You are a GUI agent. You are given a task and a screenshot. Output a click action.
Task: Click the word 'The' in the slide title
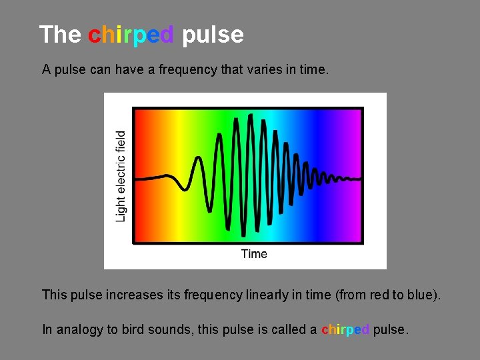60,35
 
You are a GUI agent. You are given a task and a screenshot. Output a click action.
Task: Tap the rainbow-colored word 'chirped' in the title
131,35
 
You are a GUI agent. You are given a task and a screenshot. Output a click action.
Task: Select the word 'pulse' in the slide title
213,35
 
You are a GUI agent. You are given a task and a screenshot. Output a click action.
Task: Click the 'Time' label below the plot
254,254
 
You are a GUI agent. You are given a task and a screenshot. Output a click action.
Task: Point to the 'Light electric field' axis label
121,177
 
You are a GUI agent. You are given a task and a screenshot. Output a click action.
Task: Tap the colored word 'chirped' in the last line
345,330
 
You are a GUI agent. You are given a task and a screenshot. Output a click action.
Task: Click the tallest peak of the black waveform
250,116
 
